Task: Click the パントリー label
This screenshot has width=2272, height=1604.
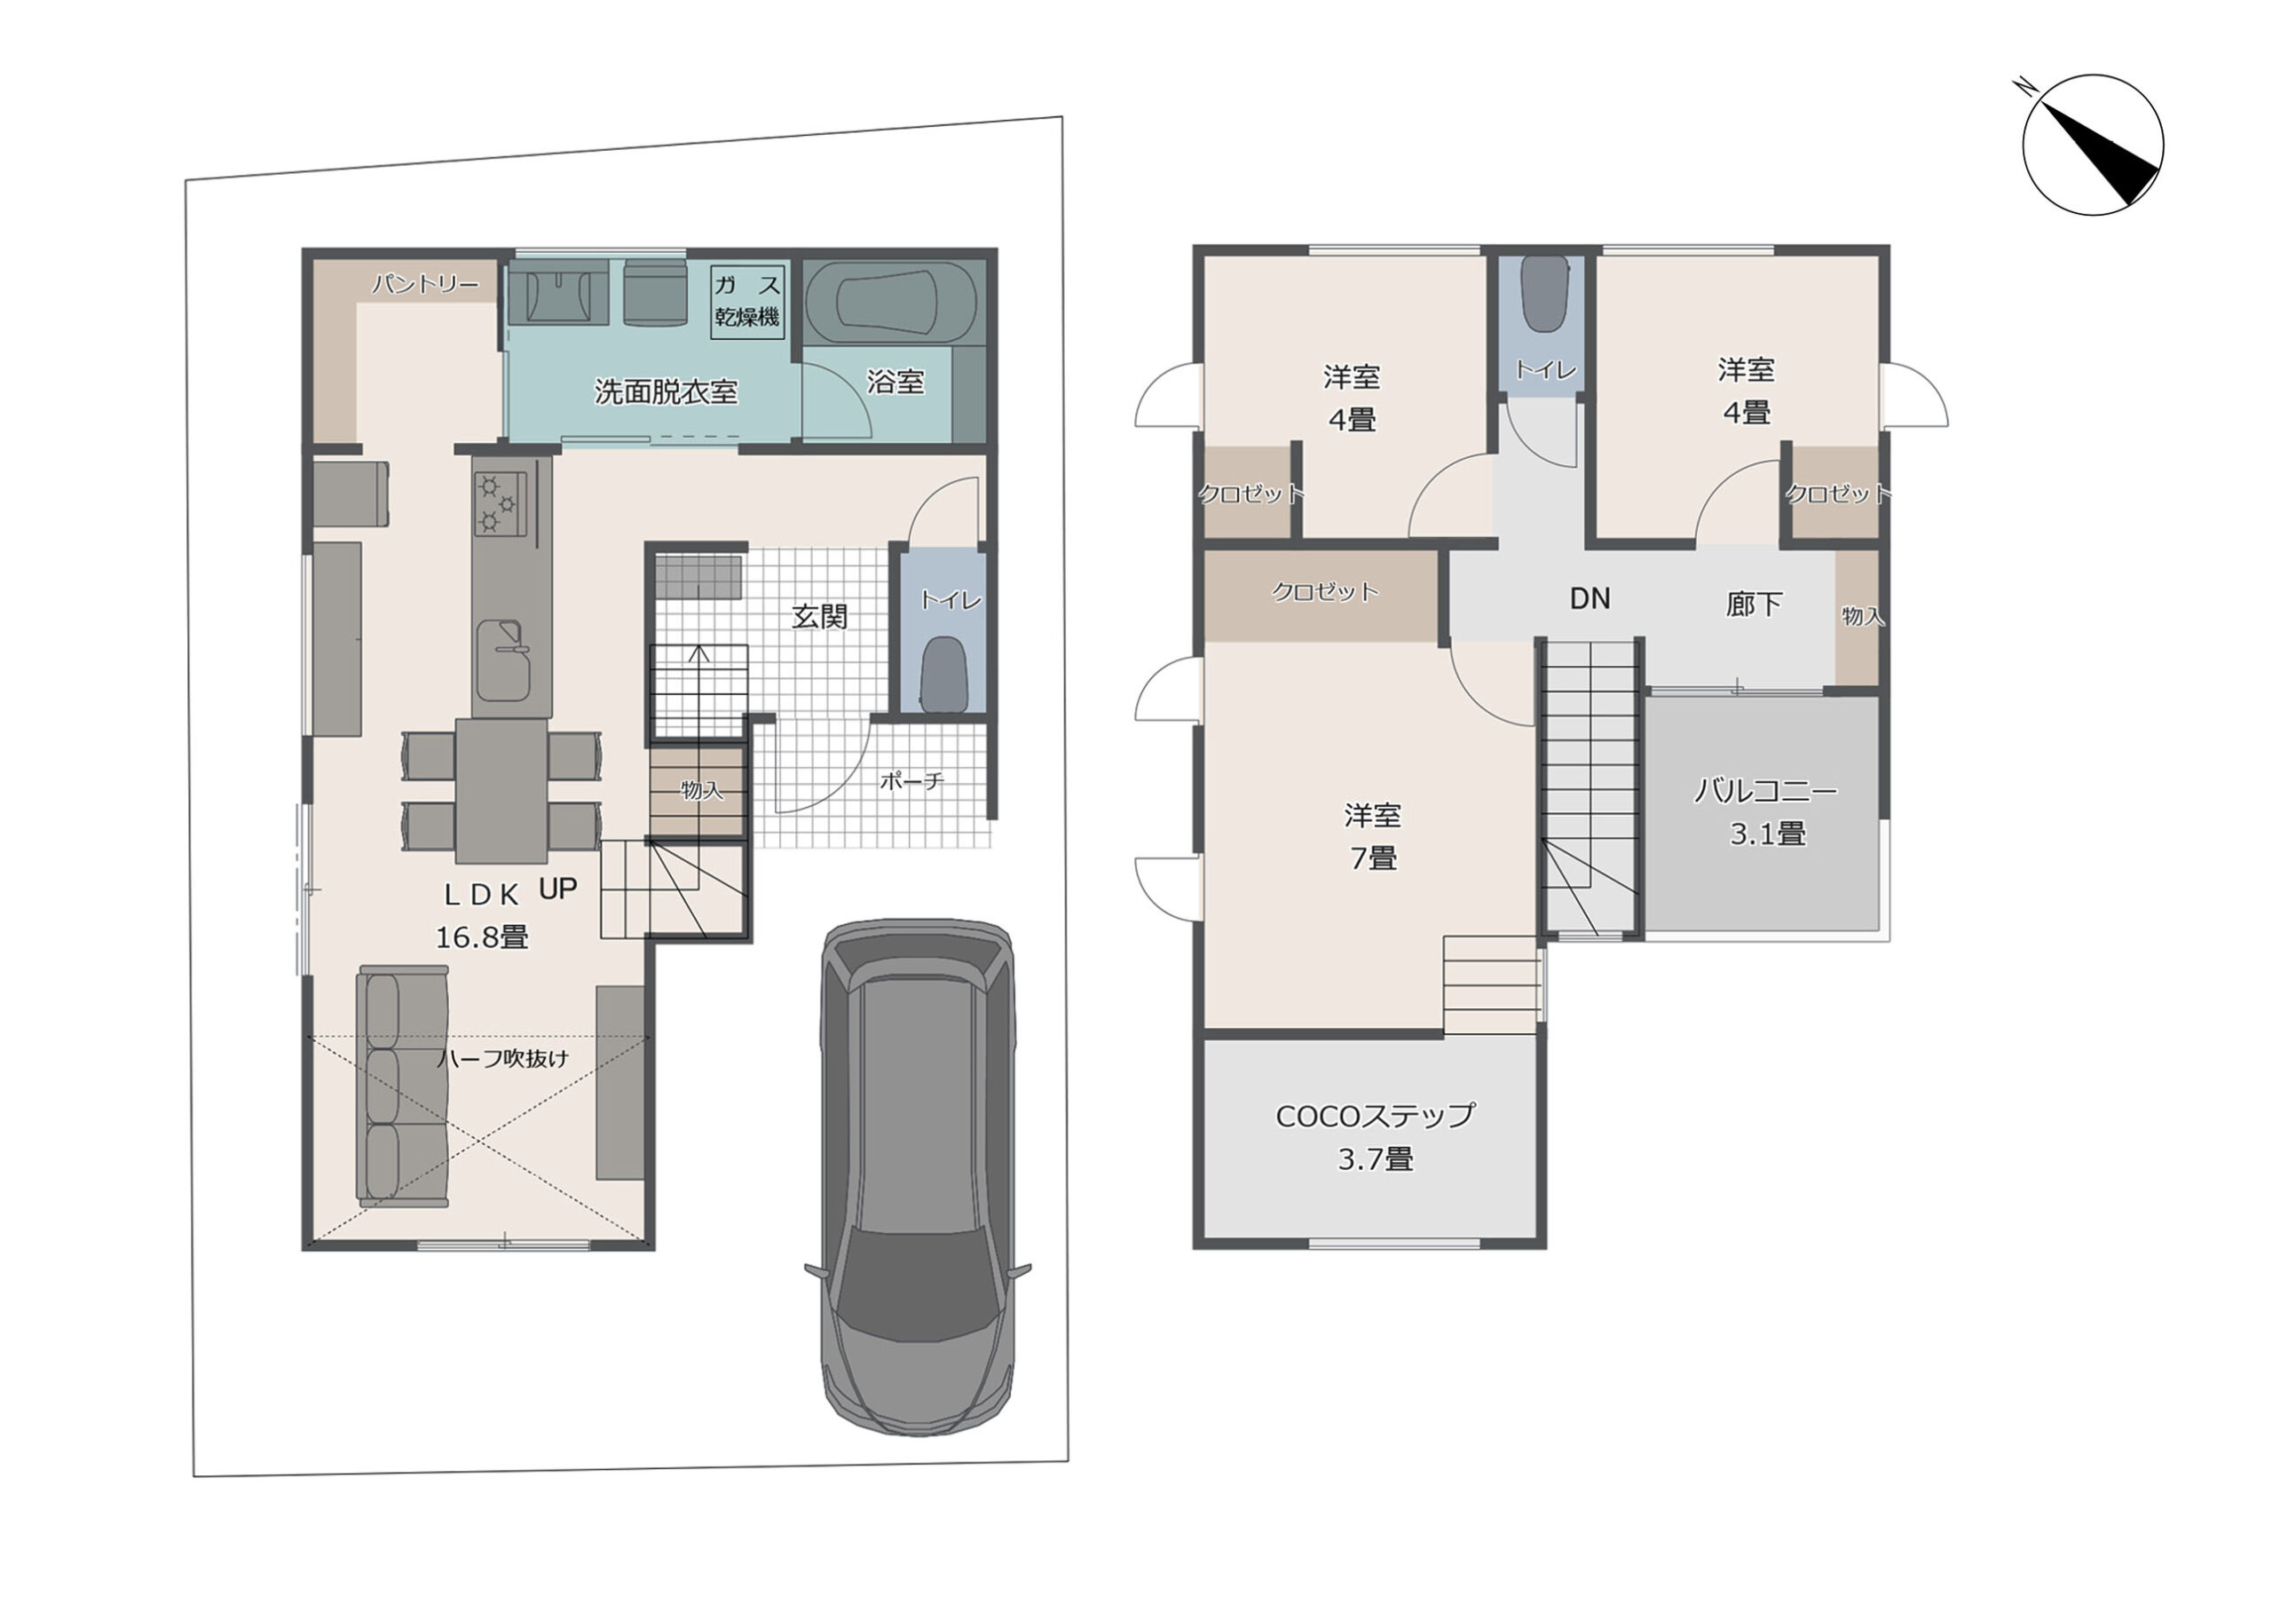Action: click(425, 285)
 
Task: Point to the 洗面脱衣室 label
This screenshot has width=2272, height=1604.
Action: click(666, 391)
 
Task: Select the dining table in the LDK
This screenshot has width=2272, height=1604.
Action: click(501, 791)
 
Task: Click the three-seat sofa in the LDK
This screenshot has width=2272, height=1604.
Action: click(404, 1086)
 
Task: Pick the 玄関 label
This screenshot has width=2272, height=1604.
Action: click(819, 616)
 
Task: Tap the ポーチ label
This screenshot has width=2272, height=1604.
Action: click(911, 782)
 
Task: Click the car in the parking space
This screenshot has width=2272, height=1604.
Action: click(919, 1178)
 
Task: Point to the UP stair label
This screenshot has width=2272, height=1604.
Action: click(558, 889)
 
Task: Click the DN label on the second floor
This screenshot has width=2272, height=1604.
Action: click(1590, 598)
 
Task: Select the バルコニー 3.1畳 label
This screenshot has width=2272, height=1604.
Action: click(1766, 812)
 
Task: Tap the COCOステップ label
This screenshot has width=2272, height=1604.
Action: click(1376, 1137)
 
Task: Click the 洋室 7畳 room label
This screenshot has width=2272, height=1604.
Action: click(1372, 837)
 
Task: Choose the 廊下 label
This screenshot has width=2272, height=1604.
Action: click(1754, 604)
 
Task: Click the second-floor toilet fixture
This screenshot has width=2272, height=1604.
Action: click(1543, 294)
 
